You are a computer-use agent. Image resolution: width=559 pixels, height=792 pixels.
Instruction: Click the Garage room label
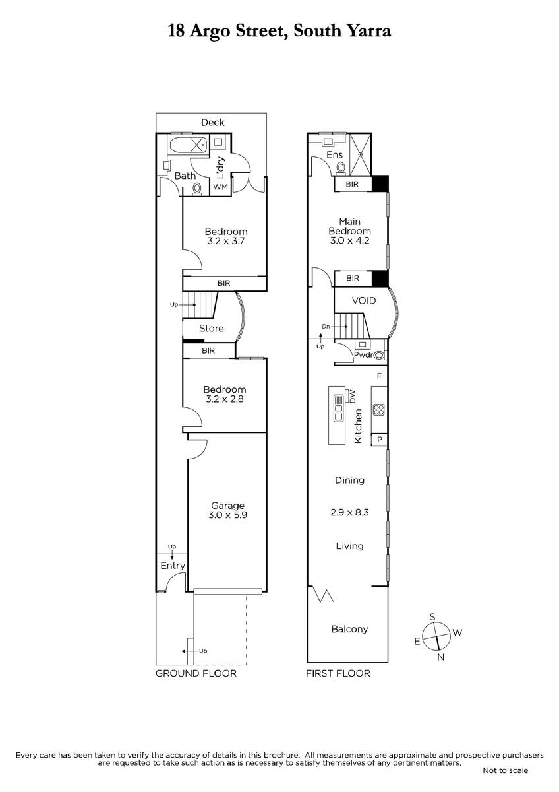point(228,506)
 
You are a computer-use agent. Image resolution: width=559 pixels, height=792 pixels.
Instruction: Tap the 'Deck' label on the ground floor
point(212,122)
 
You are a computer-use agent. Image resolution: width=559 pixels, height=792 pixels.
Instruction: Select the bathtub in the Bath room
point(189,145)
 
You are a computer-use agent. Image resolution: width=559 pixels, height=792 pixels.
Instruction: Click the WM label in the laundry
point(221,187)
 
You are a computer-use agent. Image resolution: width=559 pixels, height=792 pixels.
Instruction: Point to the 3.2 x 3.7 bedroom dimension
point(226,242)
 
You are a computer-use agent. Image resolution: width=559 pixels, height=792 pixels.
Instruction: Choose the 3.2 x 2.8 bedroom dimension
point(225,399)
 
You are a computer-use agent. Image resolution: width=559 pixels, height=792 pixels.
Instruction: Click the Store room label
point(211,329)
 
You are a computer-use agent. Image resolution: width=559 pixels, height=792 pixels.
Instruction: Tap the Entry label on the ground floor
point(173,566)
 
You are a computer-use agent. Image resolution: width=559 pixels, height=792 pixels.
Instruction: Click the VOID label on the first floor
point(364,301)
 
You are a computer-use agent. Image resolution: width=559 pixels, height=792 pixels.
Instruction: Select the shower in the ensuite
point(360,154)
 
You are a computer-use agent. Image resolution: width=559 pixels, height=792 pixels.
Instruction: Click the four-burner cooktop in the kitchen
point(378,410)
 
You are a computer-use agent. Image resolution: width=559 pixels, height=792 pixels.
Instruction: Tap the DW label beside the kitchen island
point(352,396)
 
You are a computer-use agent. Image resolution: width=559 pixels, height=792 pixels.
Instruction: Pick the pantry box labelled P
point(379,440)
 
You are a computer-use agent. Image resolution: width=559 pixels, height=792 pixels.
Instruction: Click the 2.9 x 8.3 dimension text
point(349,512)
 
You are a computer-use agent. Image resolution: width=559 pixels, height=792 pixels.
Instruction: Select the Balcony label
point(349,629)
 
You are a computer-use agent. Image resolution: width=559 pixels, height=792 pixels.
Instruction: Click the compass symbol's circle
point(437,637)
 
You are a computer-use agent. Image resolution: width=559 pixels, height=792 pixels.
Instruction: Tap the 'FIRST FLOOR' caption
point(338,673)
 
